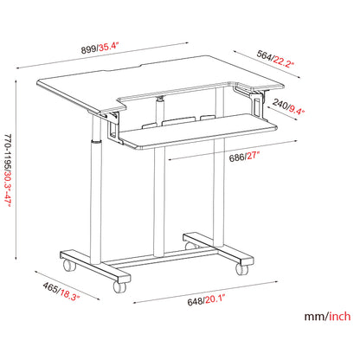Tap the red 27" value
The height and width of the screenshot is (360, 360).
253,157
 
